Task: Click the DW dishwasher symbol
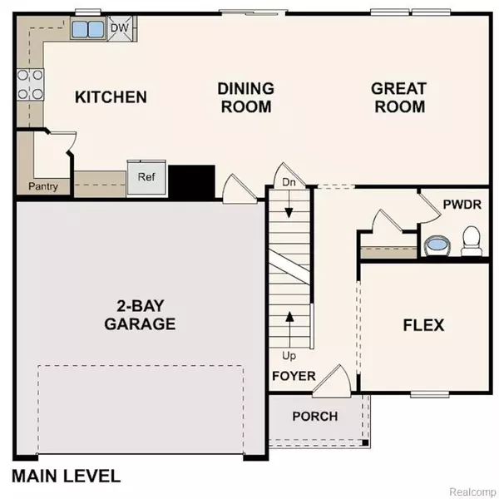(120, 28)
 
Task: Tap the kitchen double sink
(88, 28)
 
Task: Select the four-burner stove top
(30, 85)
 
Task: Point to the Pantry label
(43, 186)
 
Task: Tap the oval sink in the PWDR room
(437, 245)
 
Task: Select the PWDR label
(462, 205)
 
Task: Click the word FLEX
(423, 325)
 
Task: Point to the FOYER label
(294, 376)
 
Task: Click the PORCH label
(315, 417)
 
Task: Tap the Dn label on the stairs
(289, 182)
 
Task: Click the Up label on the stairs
(289, 356)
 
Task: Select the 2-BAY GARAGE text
(140, 315)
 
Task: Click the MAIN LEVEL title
(67, 476)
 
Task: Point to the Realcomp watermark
(473, 492)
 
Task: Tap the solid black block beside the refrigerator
(191, 182)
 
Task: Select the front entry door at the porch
(332, 382)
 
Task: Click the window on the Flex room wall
(430, 395)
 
